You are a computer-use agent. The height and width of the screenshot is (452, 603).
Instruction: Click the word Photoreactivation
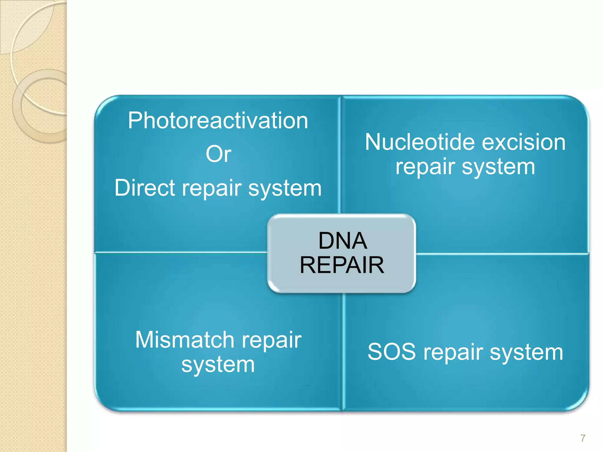(x=218, y=121)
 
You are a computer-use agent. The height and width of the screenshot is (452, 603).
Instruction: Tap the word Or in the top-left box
(x=218, y=154)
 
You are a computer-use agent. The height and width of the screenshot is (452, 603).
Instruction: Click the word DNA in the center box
(x=342, y=241)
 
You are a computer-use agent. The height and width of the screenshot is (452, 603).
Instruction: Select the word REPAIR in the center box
(x=342, y=265)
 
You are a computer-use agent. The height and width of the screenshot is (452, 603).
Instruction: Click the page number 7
(x=583, y=438)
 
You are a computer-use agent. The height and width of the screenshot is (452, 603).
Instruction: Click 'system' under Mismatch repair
(x=218, y=365)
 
